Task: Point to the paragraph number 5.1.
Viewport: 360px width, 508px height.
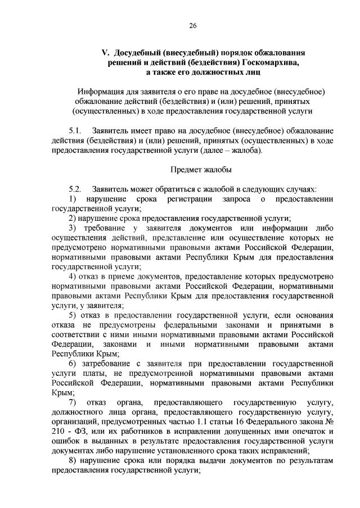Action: click(x=75, y=130)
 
